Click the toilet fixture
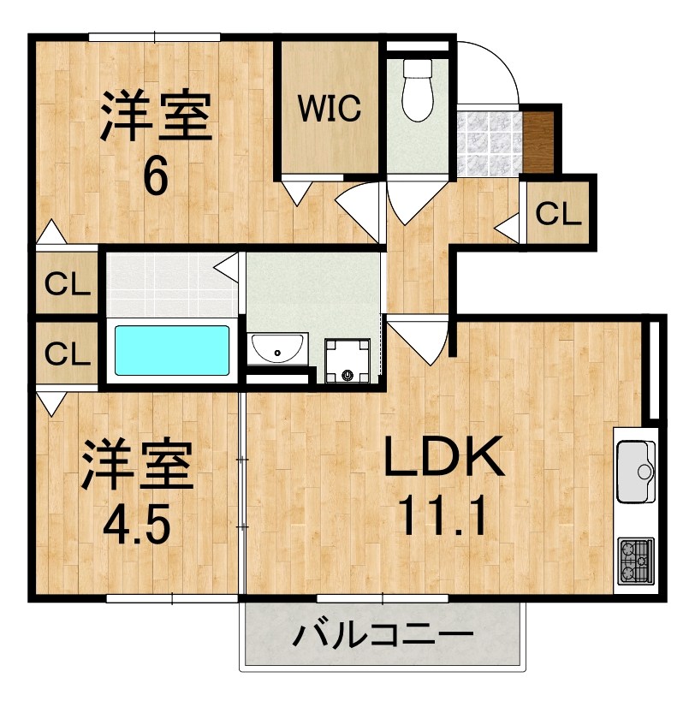click(418, 90)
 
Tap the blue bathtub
click(172, 351)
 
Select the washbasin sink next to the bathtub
click(277, 348)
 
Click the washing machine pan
click(347, 361)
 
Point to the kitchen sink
click(636, 472)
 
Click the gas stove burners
click(636, 561)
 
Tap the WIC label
click(330, 108)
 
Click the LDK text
click(444, 456)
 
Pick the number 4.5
click(137, 523)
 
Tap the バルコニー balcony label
click(383, 634)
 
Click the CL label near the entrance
click(558, 214)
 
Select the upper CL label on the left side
click(68, 284)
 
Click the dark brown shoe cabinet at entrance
click(538, 142)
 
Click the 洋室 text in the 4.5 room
click(137, 465)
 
